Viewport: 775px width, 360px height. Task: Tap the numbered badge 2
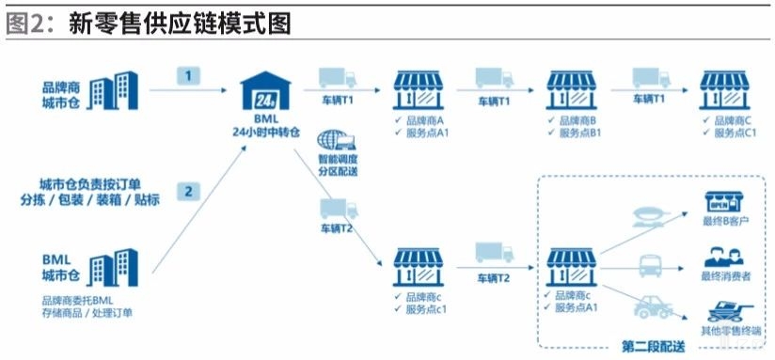[188, 192]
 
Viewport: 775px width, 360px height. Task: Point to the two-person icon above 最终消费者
[726, 254]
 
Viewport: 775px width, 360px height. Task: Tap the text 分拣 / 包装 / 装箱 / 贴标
[90, 199]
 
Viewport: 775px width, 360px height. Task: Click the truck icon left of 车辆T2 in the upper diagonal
[334, 208]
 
